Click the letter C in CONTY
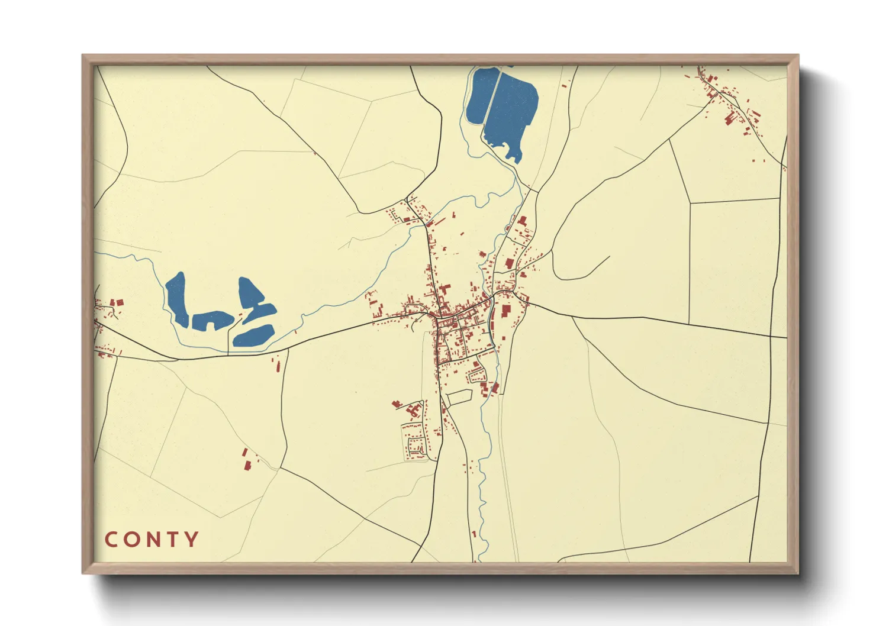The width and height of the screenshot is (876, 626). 111,540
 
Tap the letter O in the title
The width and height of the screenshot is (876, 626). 131,540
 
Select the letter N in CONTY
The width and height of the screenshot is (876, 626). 153,540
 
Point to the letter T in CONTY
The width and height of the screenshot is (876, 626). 173,540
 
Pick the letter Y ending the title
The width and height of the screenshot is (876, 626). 191,540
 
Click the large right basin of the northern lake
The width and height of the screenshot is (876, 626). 511,109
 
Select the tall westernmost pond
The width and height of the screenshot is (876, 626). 177,299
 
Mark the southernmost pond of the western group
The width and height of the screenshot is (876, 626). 253,335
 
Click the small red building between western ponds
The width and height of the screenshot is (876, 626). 241,314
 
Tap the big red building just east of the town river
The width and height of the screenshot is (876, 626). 506,311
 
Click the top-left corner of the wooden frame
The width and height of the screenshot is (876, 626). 84,57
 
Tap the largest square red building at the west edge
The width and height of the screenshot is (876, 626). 119,302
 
